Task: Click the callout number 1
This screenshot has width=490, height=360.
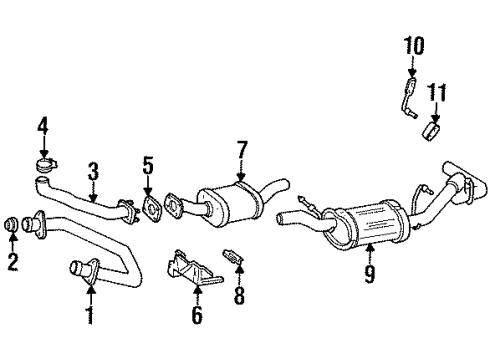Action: [89, 318]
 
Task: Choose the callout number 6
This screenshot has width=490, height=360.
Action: [196, 316]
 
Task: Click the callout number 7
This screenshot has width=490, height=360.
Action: [241, 150]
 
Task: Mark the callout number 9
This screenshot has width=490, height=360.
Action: [370, 272]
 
